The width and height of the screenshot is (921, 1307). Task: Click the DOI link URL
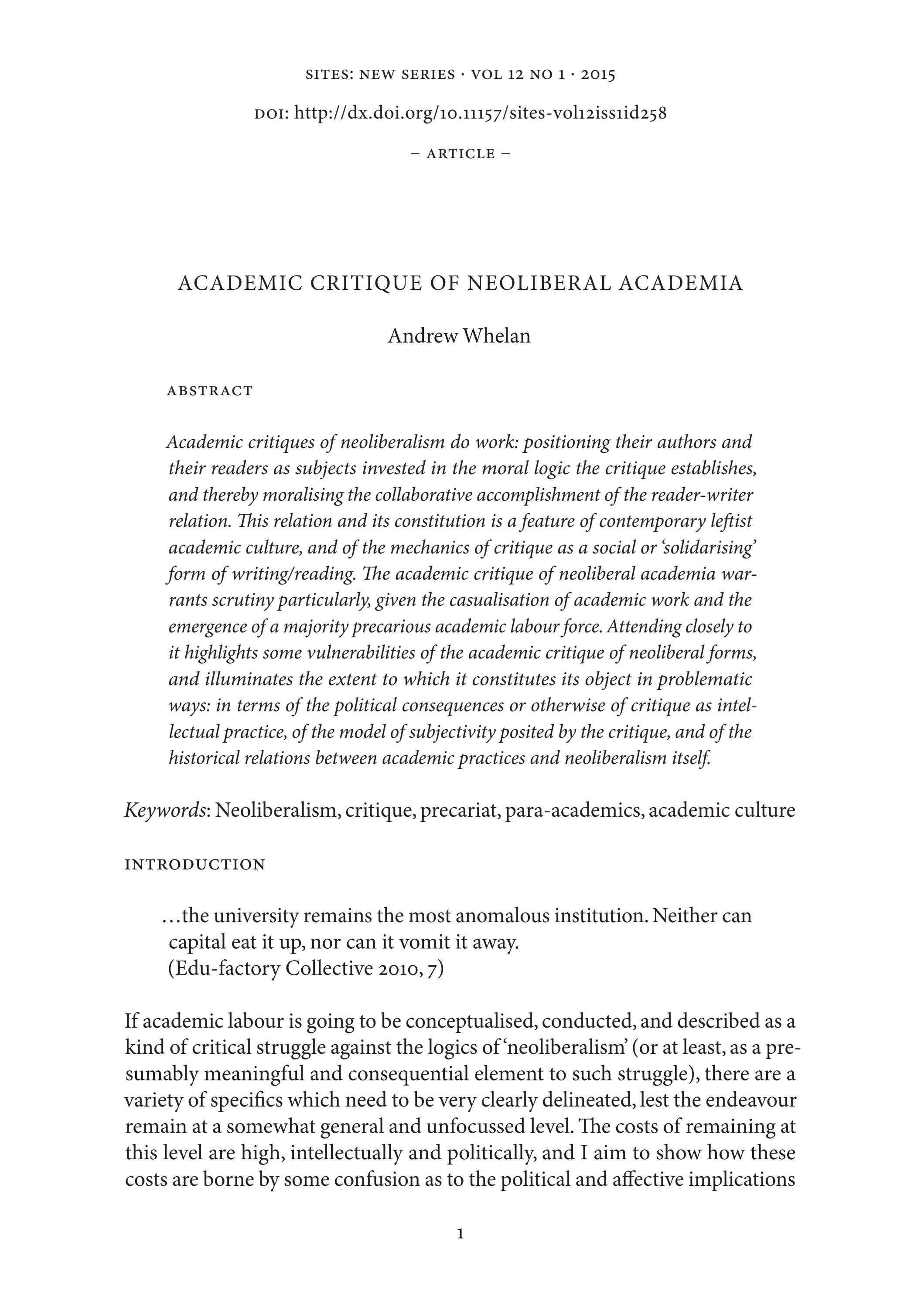[x=480, y=113]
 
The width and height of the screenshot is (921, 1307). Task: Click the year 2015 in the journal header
[x=597, y=75]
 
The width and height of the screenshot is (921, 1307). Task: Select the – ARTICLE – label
[x=460, y=154]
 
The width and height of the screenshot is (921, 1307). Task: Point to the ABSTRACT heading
[x=210, y=391]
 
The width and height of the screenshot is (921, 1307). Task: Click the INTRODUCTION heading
[x=195, y=864]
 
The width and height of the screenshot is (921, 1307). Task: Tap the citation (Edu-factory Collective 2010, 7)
[x=306, y=968]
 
